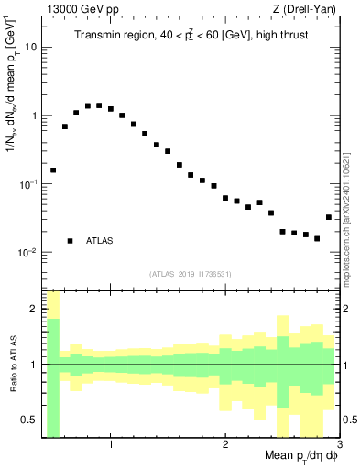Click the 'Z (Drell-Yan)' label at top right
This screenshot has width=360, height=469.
pyautogui.click(x=309, y=9)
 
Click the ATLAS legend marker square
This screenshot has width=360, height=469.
pyautogui.click(x=70, y=241)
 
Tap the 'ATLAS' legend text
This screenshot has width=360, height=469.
pyautogui.click(x=100, y=241)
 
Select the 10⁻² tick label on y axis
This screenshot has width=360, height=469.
pyautogui.click(x=27, y=252)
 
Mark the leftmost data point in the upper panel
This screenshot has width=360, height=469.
pyautogui.click(x=53, y=170)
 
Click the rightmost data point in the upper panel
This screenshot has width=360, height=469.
pyautogui.click(x=329, y=217)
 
